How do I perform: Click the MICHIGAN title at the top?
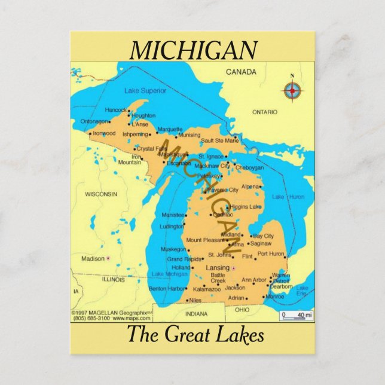pyautogui.click(x=194, y=50)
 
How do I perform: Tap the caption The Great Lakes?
pyautogui.click(x=195, y=334)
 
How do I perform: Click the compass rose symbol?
pyautogui.click(x=292, y=91)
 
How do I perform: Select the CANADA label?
pyautogui.click(x=241, y=72)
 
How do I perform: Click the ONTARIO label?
pyautogui.click(x=264, y=112)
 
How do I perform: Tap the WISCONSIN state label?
pyautogui.click(x=100, y=194)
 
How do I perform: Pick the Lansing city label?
pyautogui.click(x=217, y=267)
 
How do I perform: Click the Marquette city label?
pyautogui.click(x=170, y=129)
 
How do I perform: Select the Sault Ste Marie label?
pyautogui.click(x=219, y=140)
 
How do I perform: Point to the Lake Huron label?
pyautogui.click(x=288, y=196)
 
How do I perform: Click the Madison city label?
pyautogui.click(x=93, y=259)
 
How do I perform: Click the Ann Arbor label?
pyautogui.click(x=254, y=280)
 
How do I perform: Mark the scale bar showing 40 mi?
pyautogui.click(x=297, y=315)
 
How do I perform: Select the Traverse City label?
pyautogui.click(x=222, y=190)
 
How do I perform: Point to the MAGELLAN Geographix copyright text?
pyautogui.click(x=109, y=312)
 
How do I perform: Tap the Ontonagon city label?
pyautogui.click(x=95, y=121)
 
